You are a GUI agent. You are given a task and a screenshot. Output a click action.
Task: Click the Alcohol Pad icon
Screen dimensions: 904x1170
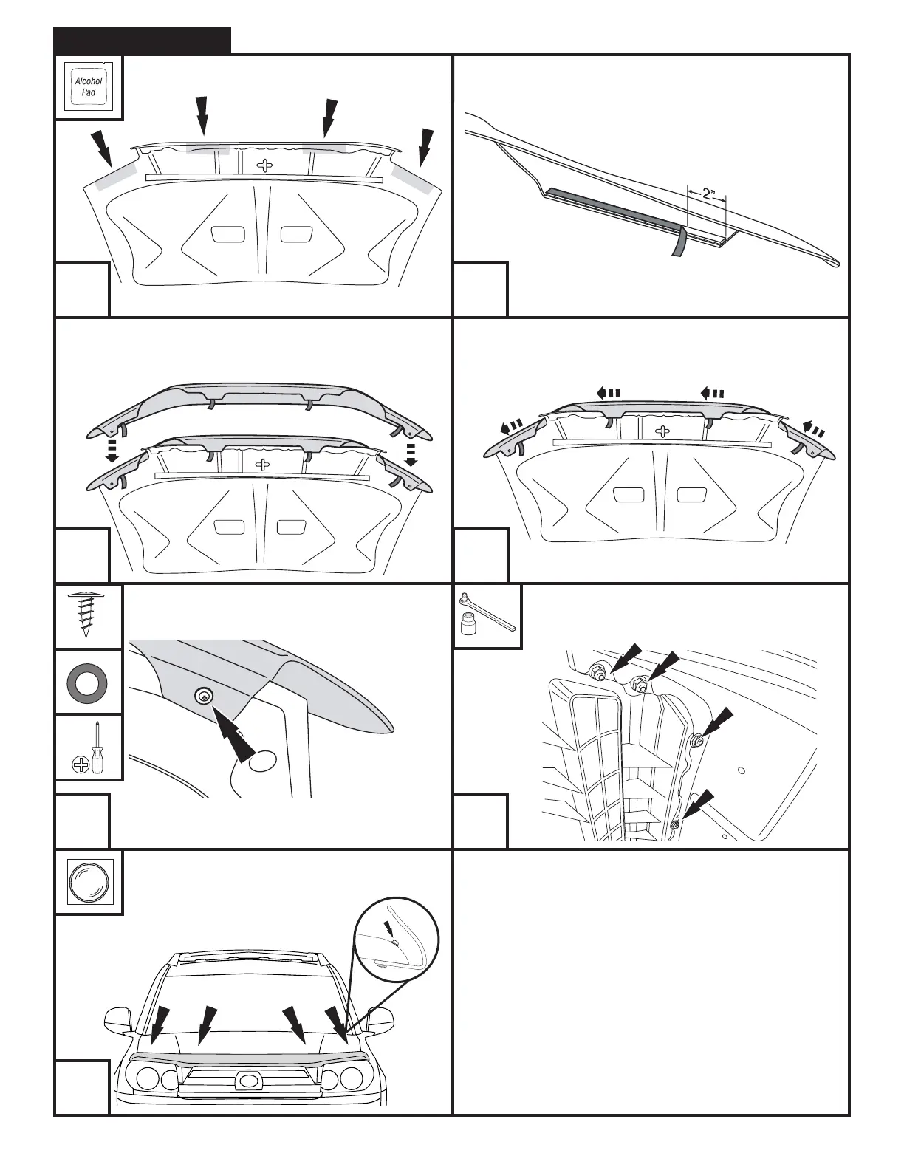point(89,87)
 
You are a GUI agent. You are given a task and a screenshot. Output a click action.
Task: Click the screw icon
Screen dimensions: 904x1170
point(89,615)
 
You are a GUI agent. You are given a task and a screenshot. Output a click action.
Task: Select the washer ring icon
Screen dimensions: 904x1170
point(89,682)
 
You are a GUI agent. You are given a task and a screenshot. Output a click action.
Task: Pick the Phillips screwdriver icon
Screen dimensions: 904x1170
point(89,747)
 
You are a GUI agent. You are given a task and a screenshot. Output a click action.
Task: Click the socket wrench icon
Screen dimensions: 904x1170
point(487,615)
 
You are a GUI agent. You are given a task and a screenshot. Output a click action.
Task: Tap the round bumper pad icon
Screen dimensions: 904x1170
point(89,882)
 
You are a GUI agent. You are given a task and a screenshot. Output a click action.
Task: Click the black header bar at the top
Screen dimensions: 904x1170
point(143,41)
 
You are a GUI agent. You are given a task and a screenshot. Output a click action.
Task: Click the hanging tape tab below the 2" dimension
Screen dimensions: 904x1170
point(678,242)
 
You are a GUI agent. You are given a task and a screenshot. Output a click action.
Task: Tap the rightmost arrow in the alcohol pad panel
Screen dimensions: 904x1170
point(425,148)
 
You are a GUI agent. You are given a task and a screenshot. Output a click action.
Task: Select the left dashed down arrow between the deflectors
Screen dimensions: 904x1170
point(111,450)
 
